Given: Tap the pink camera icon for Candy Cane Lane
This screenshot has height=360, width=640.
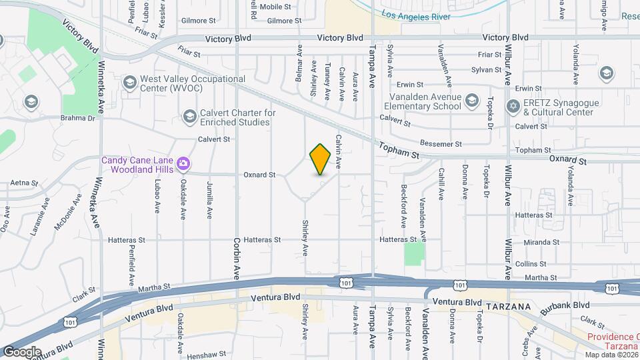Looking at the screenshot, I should [x=183, y=163].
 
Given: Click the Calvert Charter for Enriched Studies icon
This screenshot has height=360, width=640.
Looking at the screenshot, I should [x=189, y=117].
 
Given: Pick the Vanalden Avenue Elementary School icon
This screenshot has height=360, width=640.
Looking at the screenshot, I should [x=471, y=101].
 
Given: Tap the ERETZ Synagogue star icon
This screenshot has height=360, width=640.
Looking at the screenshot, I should [x=513, y=107].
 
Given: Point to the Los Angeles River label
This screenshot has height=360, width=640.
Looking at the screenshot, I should [x=416, y=16].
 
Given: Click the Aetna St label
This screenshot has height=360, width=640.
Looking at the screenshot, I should [x=22, y=182].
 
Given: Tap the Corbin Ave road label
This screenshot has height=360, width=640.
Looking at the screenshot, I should [x=236, y=259].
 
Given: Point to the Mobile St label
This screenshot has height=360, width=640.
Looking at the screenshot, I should [x=275, y=7].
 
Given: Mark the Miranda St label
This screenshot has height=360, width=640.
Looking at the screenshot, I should [x=541, y=242].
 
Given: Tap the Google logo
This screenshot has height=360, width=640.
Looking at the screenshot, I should [x=21, y=351].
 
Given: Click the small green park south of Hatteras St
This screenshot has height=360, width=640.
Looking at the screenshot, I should [x=414, y=253].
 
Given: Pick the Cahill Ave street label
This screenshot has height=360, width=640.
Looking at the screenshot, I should [x=441, y=184].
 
